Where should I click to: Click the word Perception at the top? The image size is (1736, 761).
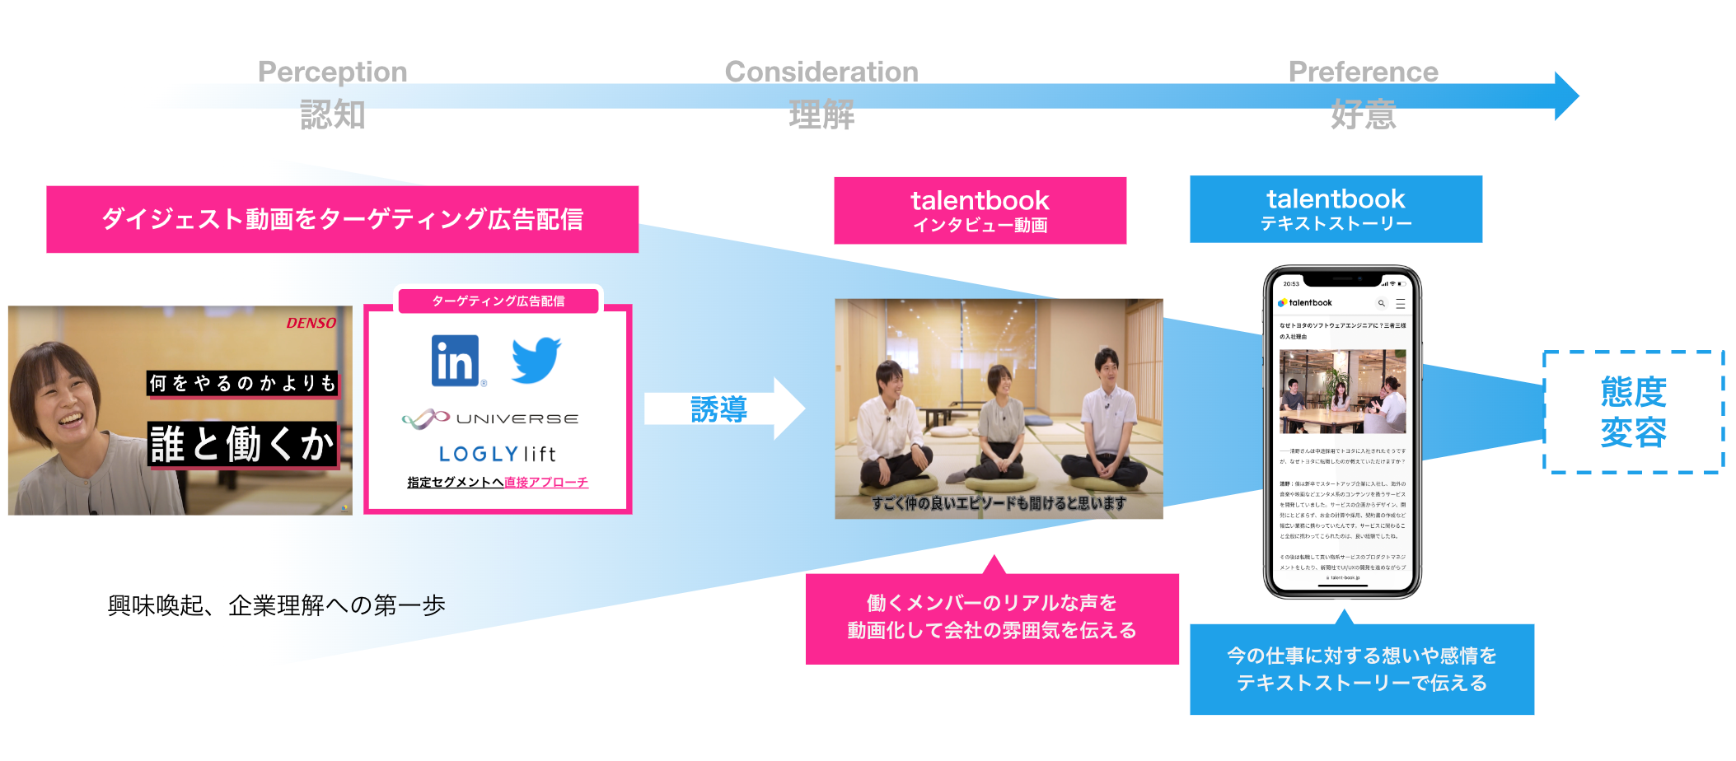tap(332, 72)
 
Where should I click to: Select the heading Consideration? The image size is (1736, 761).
tap(821, 72)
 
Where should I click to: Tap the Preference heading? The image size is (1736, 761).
tap(1363, 72)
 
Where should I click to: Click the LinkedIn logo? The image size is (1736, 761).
tap(455, 361)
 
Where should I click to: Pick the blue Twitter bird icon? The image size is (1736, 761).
tap(536, 359)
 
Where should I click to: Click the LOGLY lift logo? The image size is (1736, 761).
tap(497, 454)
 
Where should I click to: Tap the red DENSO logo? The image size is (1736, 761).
tap(311, 323)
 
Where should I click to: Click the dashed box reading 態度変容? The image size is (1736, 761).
tap(1633, 412)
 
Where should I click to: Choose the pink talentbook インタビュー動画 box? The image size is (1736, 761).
tap(980, 210)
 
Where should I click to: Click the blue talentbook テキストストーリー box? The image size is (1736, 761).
tap(1336, 208)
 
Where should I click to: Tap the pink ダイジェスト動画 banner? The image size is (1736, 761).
tap(342, 219)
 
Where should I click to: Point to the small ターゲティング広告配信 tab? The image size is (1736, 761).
tap(498, 301)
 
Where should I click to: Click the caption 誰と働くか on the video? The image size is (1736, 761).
tap(242, 445)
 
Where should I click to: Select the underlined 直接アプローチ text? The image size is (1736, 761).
tap(546, 483)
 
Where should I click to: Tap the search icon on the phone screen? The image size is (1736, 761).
tap(1381, 303)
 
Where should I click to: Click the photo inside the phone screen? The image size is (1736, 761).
tap(1342, 391)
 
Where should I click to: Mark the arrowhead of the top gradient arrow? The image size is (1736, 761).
tap(1565, 96)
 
